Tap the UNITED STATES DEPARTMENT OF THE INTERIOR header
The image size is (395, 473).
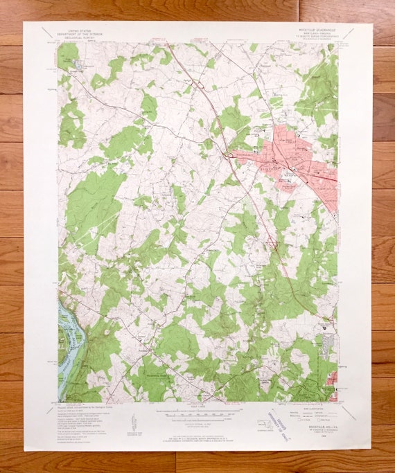[76, 34]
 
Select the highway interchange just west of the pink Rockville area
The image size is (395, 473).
[229, 154]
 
